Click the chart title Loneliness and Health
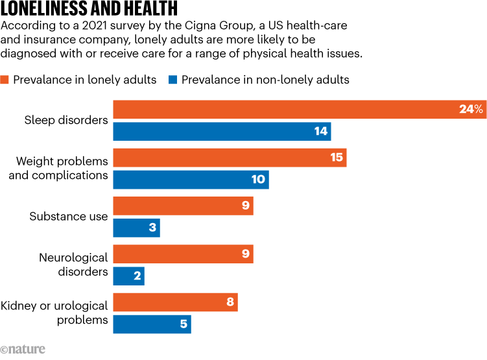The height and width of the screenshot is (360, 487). pyautogui.click(x=89, y=10)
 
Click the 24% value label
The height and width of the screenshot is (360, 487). pyautogui.click(x=471, y=110)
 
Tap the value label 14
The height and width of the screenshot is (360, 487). pyautogui.click(x=320, y=132)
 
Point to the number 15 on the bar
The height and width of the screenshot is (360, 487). pyautogui.click(x=336, y=158)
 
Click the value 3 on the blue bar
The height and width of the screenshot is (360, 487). pyautogui.click(x=152, y=228)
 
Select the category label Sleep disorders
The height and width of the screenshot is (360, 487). pyautogui.click(x=66, y=120)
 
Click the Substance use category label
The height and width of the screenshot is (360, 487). pyautogui.click(x=69, y=217)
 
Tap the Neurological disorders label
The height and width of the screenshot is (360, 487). pyautogui.click(x=73, y=265)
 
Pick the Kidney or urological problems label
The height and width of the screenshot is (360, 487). pyautogui.click(x=54, y=313)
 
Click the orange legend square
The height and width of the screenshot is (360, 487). pyautogui.click(x=5, y=80)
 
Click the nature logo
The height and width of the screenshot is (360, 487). pyautogui.click(x=23, y=350)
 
